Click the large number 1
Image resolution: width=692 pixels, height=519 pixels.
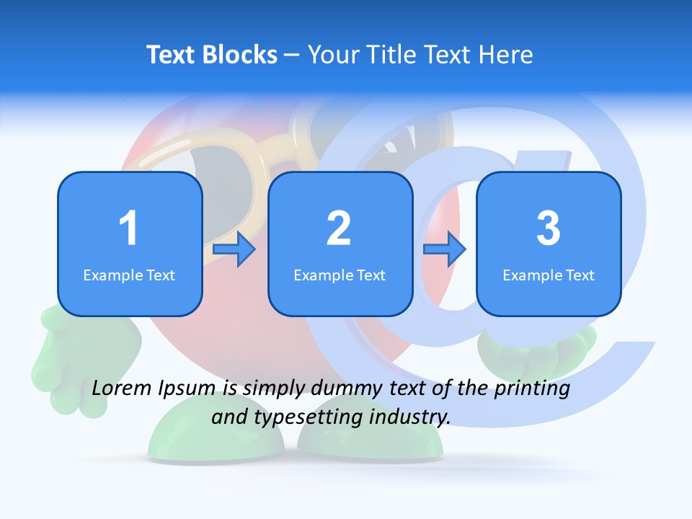tap(128, 229)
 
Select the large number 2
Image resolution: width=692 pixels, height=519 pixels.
tap(339, 229)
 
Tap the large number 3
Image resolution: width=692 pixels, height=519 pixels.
tap(549, 229)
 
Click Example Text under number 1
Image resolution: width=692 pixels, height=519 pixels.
tap(129, 275)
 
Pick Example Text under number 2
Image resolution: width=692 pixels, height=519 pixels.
tap(340, 275)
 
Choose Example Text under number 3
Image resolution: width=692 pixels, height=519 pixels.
tap(549, 275)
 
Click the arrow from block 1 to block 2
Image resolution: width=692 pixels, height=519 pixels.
tap(235, 249)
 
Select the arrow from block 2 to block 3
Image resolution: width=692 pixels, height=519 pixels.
tap(445, 249)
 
